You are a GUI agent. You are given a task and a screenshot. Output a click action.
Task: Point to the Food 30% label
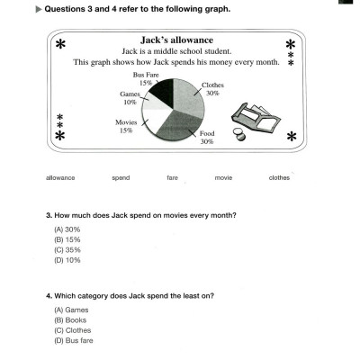[207, 138]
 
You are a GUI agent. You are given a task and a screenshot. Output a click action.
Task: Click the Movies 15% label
[125, 126]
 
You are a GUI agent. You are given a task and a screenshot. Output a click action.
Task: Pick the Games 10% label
[130, 96]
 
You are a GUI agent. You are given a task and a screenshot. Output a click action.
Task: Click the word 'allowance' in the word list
[60, 177]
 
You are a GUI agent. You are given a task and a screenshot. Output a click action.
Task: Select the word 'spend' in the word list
[121, 177]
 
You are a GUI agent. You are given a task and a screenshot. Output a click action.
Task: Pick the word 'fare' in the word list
[172, 177]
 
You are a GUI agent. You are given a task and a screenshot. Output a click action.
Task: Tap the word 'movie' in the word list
[223, 177]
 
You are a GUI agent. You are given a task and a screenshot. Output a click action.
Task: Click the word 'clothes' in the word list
[279, 177]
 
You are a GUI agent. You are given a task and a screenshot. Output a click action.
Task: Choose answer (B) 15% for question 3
[67, 240]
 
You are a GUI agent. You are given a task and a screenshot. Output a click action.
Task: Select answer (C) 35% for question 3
[67, 250]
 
